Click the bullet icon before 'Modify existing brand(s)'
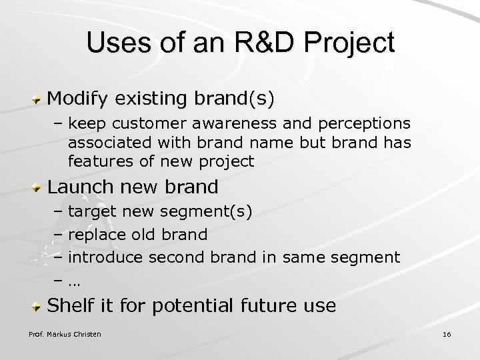coord(39,99)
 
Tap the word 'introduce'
coord(108,256)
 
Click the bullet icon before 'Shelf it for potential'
coord(39,306)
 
